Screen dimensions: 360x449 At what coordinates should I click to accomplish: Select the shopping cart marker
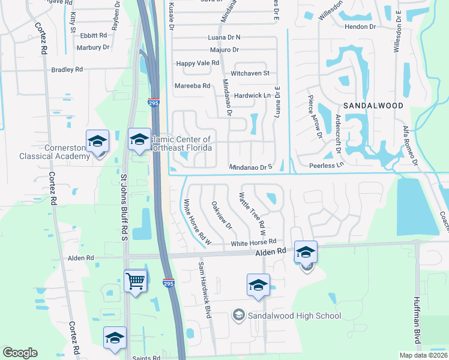coord(136,280)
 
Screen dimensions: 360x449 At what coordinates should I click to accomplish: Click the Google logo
coord(20,353)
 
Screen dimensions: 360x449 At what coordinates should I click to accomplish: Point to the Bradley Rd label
coord(67,70)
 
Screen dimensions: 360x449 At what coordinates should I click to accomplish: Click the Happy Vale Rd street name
coord(197,63)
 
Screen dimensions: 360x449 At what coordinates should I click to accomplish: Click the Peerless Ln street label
coord(327,164)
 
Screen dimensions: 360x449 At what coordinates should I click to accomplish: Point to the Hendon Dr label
coord(360,26)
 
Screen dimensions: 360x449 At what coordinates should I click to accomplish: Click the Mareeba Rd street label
coord(192,86)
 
